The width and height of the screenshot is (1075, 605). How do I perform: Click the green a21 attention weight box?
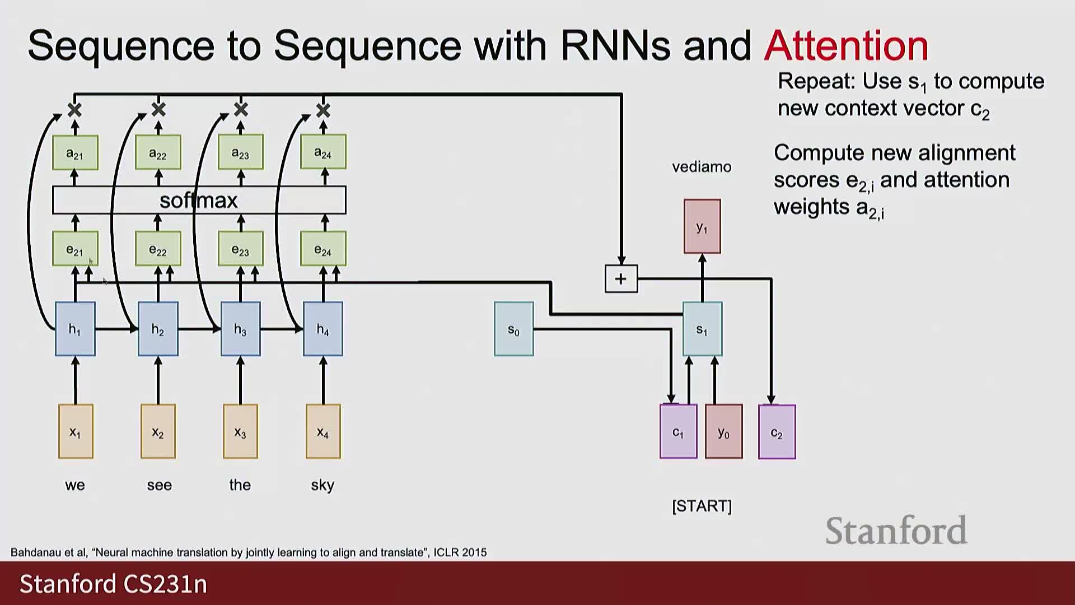point(75,152)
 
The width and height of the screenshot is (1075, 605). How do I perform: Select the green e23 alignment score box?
point(240,249)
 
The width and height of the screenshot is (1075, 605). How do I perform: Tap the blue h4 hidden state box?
point(323,329)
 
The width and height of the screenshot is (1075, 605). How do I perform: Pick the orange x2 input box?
point(158,431)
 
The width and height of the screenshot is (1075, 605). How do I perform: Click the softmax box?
point(199,200)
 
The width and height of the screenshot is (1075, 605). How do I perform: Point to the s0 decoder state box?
point(513,329)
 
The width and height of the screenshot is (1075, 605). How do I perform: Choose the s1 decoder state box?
point(702,329)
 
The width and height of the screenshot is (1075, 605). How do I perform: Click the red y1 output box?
point(702,226)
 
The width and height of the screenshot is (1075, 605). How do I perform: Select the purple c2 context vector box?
point(777,432)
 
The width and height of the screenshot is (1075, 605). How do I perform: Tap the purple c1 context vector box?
point(678,431)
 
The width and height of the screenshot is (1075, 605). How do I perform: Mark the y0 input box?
point(723,431)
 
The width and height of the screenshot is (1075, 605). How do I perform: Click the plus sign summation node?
point(621,278)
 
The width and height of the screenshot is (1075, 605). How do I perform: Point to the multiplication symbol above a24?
point(323,110)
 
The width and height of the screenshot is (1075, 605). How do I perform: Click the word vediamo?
point(702,167)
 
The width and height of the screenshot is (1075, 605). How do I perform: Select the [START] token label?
point(702,506)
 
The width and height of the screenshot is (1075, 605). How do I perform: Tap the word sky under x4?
point(322,485)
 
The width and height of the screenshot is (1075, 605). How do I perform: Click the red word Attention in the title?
point(846,45)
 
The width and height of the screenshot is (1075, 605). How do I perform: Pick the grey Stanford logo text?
point(896,530)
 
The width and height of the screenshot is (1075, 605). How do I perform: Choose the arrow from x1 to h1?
point(76,381)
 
